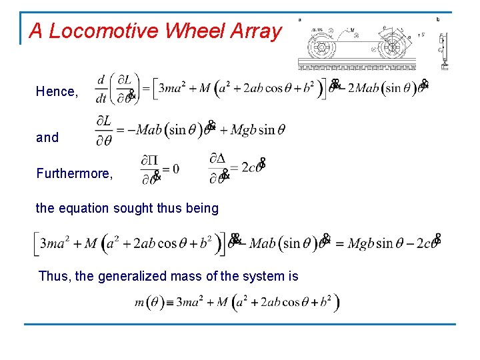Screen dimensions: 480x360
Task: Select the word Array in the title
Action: (256, 31)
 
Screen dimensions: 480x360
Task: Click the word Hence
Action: (56, 91)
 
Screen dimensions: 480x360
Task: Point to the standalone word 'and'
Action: (47, 137)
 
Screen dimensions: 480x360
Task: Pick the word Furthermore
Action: (74, 173)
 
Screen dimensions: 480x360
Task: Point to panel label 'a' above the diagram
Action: (299, 19)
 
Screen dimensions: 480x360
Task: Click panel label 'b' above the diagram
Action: (438, 19)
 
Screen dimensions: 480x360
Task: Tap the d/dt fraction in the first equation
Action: (102, 89)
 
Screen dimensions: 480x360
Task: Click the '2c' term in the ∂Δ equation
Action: (248, 168)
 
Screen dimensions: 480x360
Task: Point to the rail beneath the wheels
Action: (357, 66)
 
